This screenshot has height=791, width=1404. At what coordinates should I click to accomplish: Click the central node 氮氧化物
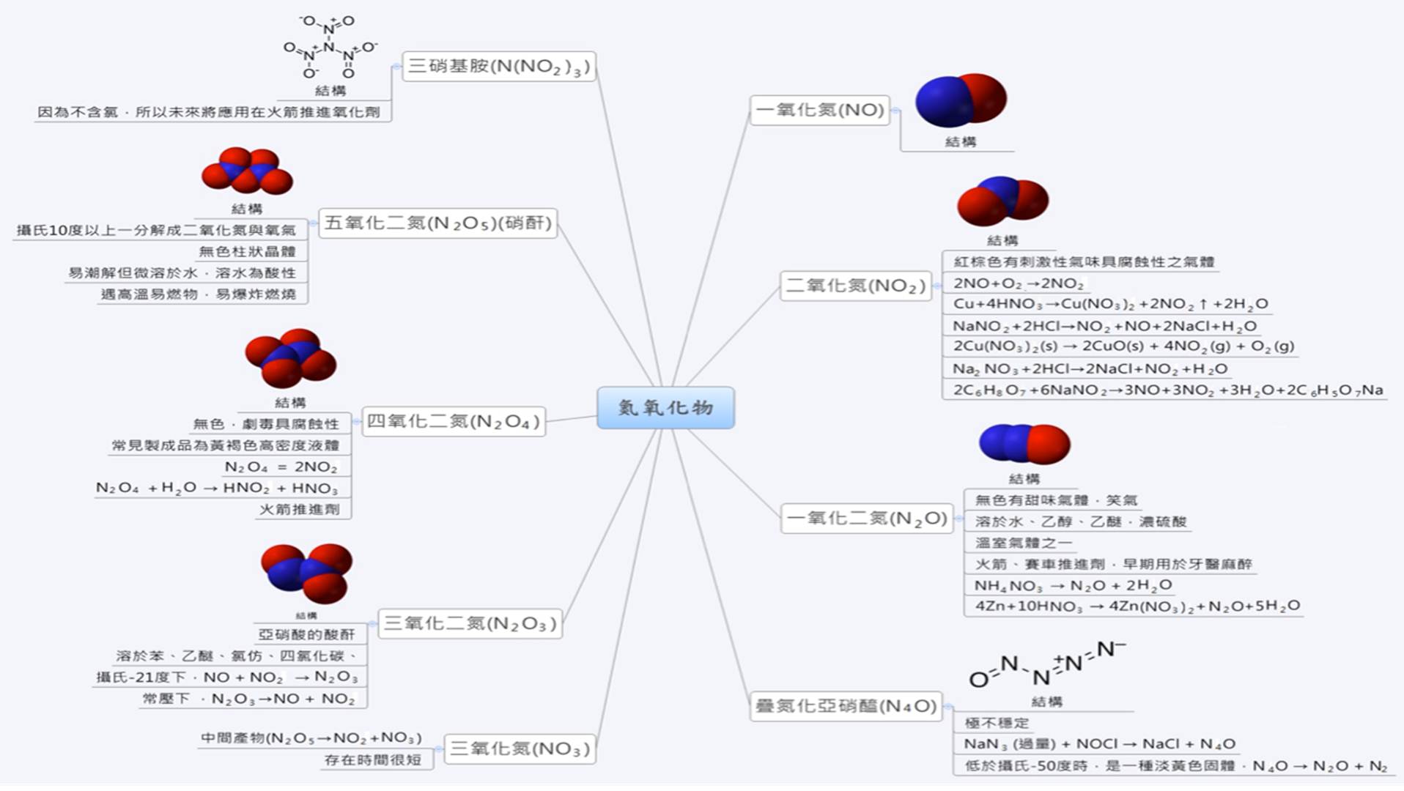click(665, 407)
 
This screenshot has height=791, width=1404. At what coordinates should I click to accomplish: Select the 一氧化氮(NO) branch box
click(820, 110)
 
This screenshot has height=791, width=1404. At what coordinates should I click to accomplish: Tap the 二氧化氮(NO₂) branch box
click(855, 285)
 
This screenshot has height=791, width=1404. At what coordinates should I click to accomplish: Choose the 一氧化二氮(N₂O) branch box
click(867, 519)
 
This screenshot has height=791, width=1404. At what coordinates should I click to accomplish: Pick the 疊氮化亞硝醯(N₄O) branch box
click(846, 706)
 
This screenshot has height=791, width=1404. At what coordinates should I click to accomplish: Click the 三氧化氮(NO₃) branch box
click(520, 749)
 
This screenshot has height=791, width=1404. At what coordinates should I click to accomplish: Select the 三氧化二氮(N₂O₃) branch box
click(470, 623)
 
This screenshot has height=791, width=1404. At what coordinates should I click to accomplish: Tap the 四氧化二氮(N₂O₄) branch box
click(454, 421)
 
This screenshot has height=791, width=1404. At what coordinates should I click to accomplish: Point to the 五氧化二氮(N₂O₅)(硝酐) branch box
click(438, 223)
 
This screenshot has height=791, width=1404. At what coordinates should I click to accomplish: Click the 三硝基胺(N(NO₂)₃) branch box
click(498, 66)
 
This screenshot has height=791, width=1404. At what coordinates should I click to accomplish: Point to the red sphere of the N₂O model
click(1048, 444)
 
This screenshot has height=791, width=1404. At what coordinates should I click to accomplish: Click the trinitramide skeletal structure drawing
click(330, 48)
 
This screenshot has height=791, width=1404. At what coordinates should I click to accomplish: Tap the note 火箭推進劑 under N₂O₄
click(300, 509)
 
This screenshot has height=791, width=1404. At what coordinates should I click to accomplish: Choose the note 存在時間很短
click(373, 760)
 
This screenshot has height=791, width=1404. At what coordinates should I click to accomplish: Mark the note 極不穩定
click(997, 723)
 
